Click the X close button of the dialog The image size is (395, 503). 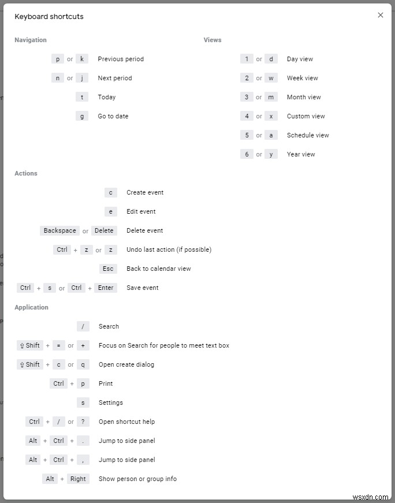coord(380,15)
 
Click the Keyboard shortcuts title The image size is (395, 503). coord(49,17)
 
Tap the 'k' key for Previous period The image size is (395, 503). coord(82,59)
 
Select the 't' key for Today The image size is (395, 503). coord(82,97)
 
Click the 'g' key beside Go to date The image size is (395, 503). coord(82,116)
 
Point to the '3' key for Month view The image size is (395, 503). coord(247,97)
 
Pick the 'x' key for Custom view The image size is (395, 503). coord(271,116)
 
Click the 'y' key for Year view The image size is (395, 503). coord(271,154)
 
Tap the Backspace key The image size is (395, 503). coord(60,230)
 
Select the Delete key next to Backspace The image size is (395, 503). coord(104,230)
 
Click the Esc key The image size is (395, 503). coord(108,269)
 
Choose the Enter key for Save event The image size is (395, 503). coord(106,288)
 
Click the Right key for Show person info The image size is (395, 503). coord(78,479)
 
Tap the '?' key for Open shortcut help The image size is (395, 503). coord(83,422)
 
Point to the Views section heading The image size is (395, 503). coord(213,40)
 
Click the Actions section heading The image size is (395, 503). coord(26,173)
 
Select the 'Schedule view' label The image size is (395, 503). coord(308,135)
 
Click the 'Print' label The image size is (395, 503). coord(106,383)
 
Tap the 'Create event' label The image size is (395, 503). coord(145,192)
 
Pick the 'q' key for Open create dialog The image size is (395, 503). coord(83,364)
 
